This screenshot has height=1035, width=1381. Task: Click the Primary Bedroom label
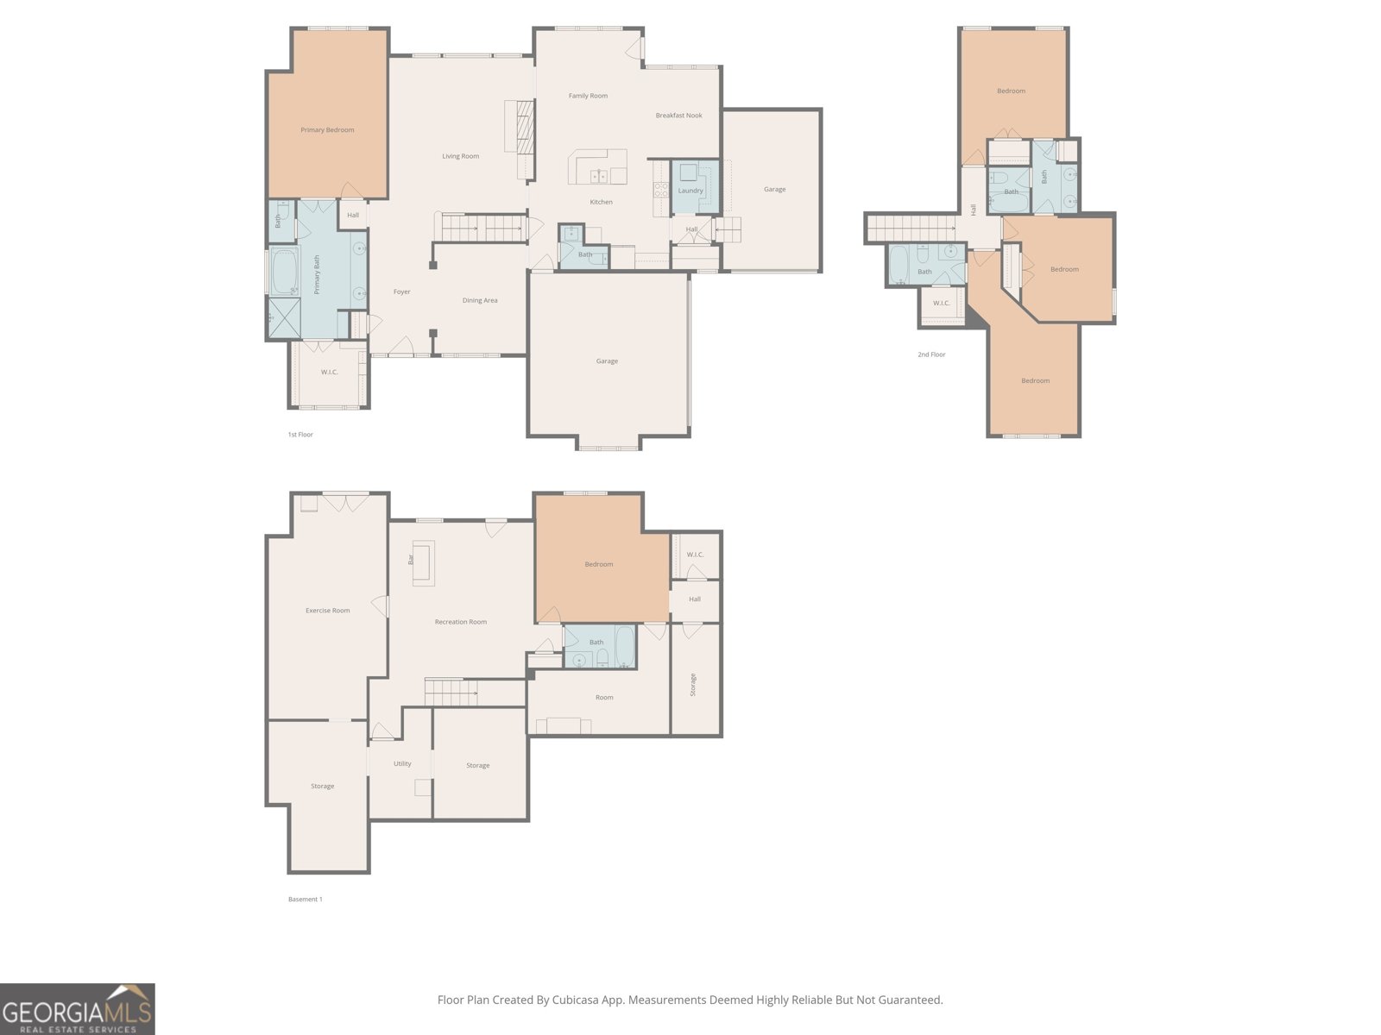pos(327,130)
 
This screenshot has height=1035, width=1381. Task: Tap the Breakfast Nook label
pos(679,116)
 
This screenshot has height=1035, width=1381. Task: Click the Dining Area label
pos(480,300)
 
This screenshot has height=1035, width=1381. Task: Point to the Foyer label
pos(402,292)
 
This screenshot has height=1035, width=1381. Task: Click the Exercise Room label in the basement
pos(328,610)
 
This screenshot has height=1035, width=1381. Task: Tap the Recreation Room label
pos(461,622)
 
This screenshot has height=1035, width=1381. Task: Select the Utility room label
pos(403,763)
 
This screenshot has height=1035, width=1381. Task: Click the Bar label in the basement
pos(411,559)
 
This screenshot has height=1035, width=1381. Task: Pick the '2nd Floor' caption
pos(931,354)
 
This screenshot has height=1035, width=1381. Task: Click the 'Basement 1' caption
pos(306,900)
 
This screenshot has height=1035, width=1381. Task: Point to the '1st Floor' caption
pos(300,434)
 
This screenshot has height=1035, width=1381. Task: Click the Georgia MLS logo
pos(78,1008)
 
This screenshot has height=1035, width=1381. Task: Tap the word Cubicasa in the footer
pos(575,1000)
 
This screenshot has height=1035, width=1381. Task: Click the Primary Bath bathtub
pos(284,271)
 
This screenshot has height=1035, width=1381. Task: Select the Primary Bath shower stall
pos(284,318)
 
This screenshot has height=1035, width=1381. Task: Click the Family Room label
pos(589,96)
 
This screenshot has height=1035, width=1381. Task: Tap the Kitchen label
pos(601,202)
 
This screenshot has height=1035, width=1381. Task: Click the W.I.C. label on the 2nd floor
pos(941,303)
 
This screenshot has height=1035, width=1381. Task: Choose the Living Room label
pos(461,156)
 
